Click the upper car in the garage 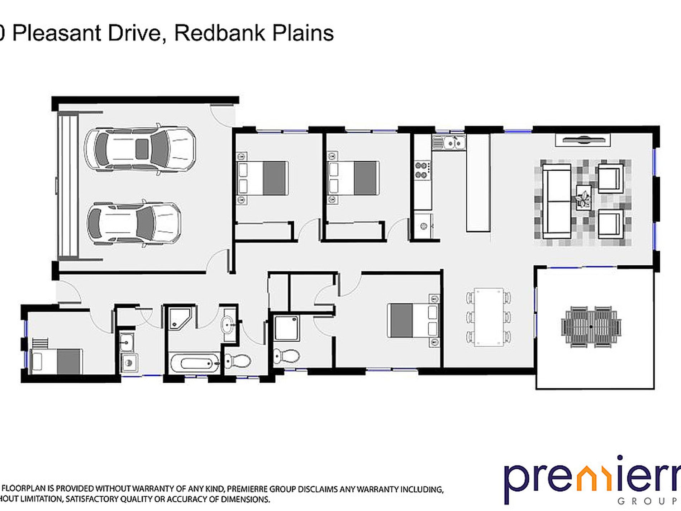(140, 149)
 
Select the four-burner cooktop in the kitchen (422, 170)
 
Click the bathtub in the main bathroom (195, 363)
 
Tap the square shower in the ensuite (286, 328)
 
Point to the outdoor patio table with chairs (591, 327)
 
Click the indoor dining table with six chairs (489, 317)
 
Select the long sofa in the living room (557, 201)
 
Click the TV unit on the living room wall (583, 140)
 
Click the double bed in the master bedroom (413, 320)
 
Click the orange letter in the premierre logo (591, 480)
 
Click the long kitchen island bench (478, 183)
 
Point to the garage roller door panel (68, 185)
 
